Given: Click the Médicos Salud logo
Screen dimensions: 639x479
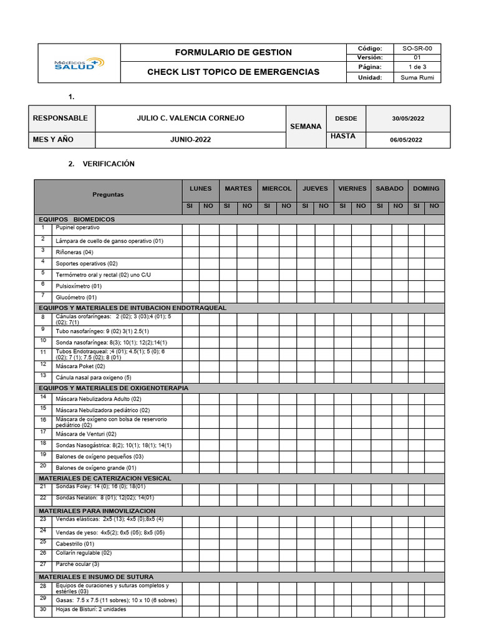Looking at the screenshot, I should [x=79, y=63].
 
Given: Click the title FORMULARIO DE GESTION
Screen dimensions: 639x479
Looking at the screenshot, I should [x=233, y=52].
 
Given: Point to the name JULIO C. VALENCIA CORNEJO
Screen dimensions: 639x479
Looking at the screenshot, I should [x=190, y=118].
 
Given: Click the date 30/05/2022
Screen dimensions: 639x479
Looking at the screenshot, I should [x=408, y=119].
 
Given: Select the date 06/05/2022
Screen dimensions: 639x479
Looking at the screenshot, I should [x=406, y=140].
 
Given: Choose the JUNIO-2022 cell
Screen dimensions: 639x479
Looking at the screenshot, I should [x=190, y=140].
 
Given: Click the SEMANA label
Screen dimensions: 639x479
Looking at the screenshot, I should [x=306, y=127].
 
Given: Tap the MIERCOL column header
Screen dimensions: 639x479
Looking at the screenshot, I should [x=276, y=188].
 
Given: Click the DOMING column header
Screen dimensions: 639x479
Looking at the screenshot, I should [x=426, y=188].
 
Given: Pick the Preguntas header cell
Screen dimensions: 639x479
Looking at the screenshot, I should [x=108, y=194].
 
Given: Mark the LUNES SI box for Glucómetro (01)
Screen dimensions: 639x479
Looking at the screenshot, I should [x=190, y=298].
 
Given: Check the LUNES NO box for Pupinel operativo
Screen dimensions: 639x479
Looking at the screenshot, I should [x=209, y=229].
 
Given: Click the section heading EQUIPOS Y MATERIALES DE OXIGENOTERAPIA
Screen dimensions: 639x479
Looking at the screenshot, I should [x=114, y=388].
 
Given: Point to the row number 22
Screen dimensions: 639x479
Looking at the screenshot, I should [x=43, y=497].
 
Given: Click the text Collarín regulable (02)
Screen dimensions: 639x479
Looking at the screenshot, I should [x=84, y=553].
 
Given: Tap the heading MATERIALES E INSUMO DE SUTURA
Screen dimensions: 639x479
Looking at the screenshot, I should [x=96, y=577].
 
